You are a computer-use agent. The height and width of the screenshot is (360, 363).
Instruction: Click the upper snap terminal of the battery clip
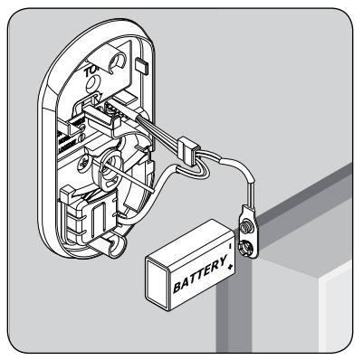245,220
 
